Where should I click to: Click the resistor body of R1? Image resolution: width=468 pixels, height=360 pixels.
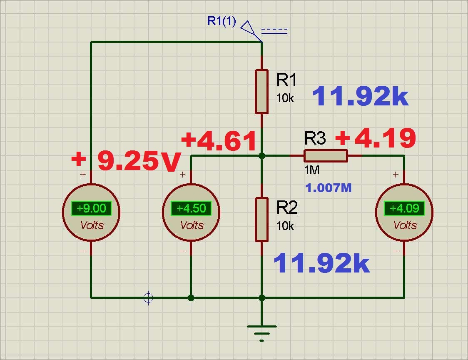pyautogui.click(x=261, y=92)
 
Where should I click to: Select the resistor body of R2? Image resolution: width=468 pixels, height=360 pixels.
pyautogui.click(x=261, y=220)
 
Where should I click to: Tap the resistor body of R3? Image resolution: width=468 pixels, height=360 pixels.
pyautogui.click(x=326, y=155)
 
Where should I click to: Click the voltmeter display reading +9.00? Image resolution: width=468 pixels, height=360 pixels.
pyautogui.click(x=91, y=208)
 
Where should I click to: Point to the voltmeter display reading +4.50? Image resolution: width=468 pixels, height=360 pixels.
pyautogui.click(x=191, y=208)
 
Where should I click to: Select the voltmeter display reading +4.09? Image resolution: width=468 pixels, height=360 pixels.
pyautogui.click(x=404, y=208)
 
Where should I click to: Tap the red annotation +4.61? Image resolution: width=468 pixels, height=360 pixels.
pyautogui.click(x=219, y=141)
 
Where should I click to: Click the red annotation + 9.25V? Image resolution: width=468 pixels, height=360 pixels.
pyautogui.click(x=127, y=160)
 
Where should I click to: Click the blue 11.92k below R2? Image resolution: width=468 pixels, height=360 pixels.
pyautogui.click(x=321, y=263)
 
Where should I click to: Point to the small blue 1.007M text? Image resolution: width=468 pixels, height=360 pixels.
pyautogui.click(x=329, y=188)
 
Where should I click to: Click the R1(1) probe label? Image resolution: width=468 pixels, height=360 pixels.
pyautogui.click(x=222, y=21)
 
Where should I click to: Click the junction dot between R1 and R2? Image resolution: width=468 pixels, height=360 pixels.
pyautogui.click(x=261, y=155)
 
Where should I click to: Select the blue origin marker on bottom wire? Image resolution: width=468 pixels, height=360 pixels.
pyautogui.click(x=148, y=297)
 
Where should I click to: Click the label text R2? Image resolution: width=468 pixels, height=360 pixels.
pyautogui.click(x=287, y=207)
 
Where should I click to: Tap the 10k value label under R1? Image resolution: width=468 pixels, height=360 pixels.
pyautogui.click(x=285, y=98)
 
